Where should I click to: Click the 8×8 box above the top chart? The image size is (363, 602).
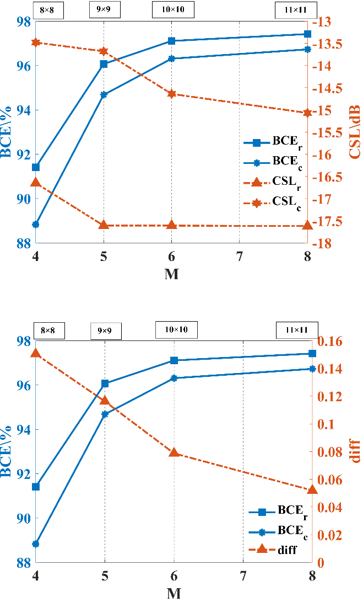pos(49,12)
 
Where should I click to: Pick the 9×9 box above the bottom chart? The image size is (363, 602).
pos(106,331)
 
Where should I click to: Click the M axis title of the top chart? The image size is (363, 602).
pos(171,274)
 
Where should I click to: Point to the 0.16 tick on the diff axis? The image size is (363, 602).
pos(328,341)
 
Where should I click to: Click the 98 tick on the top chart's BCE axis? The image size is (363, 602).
pos(23,22)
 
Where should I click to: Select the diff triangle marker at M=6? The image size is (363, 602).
pos(174,452)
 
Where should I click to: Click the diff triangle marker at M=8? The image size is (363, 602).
pos(312,489)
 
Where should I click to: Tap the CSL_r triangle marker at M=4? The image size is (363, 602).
pos(36,182)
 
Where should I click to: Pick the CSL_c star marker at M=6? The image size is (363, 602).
pos(171,94)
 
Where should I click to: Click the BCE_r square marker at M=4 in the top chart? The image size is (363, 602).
pos(36,167)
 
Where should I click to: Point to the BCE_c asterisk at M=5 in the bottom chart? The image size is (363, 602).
pos(105,414)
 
